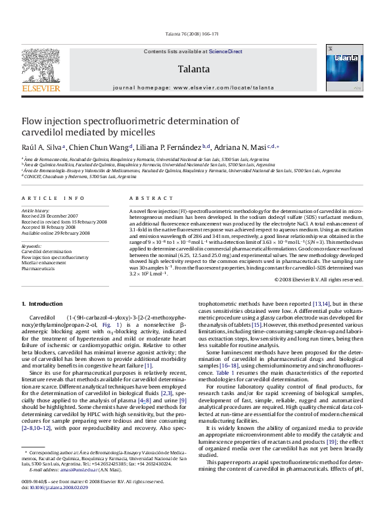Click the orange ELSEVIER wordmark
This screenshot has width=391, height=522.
point(41,86)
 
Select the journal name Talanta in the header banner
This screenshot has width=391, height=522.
point(193,68)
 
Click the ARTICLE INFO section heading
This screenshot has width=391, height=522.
point(52,198)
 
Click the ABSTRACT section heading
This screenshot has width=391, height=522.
point(147,198)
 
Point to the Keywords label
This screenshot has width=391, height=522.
point(32,246)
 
